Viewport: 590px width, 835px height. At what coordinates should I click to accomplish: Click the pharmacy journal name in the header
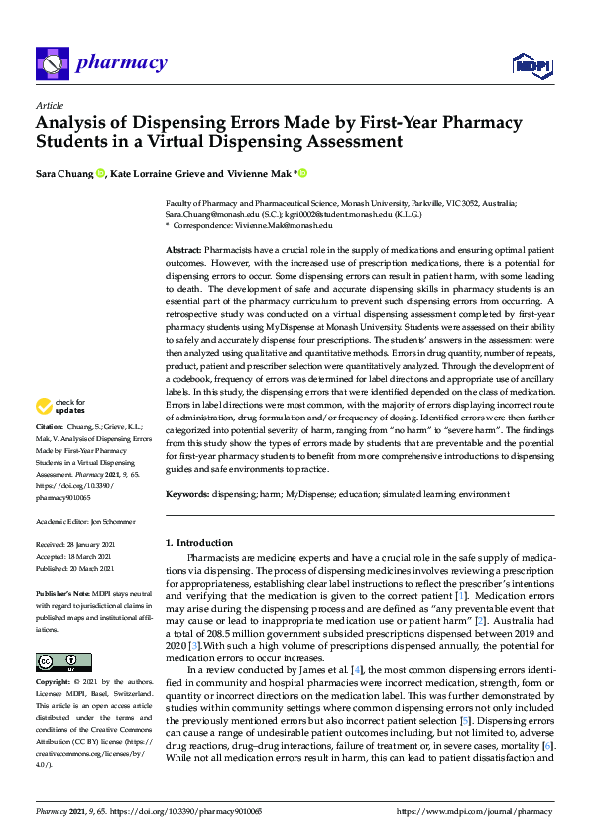tap(122, 63)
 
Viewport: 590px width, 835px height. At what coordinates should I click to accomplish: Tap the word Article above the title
tap(49, 105)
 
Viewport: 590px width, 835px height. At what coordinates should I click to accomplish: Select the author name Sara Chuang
tap(64, 174)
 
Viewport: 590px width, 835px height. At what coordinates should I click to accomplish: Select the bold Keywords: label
tap(187, 494)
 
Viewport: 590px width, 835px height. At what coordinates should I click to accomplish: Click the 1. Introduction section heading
tap(199, 543)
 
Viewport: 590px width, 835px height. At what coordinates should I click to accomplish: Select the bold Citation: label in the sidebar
tap(52, 454)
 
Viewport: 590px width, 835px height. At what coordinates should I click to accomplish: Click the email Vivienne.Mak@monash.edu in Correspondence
tap(284, 225)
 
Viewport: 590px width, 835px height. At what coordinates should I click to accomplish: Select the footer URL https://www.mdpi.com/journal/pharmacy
tap(474, 811)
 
